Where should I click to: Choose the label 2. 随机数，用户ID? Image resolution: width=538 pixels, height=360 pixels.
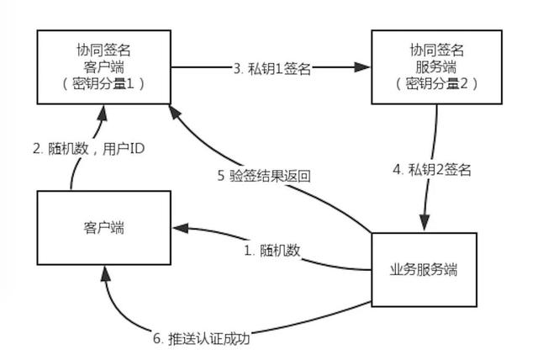(88, 149)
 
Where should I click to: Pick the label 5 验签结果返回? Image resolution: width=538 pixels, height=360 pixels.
(263, 177)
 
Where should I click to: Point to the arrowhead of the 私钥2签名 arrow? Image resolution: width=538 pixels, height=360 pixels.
(424, 221)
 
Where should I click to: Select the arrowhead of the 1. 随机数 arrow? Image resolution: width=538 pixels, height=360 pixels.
(180, 227)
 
